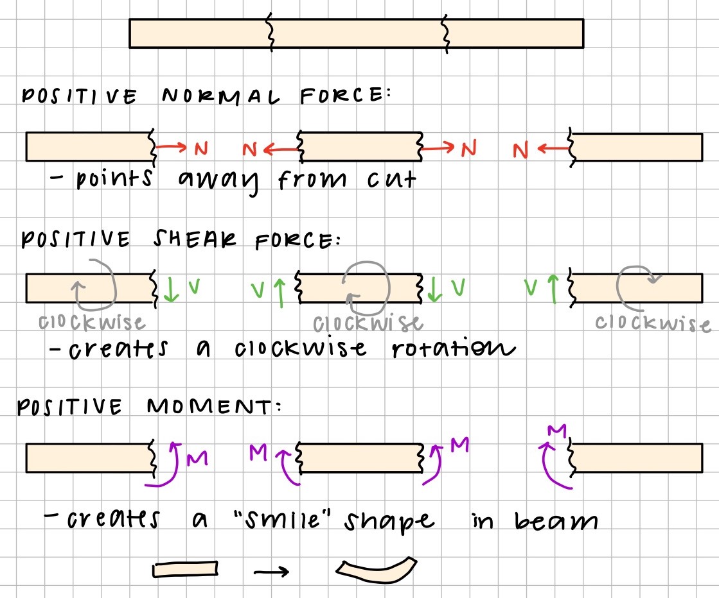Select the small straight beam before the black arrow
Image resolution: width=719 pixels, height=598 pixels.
185,570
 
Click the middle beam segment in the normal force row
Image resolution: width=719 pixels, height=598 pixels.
360,146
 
